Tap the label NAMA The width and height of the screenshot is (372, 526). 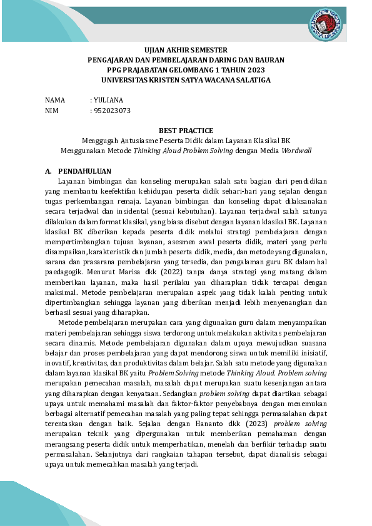pos(55,100)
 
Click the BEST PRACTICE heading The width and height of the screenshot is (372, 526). pos(186,131)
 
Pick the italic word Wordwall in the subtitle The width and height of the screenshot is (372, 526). pos(296,151)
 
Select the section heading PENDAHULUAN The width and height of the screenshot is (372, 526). pos(84,171)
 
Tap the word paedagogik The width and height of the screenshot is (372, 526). pos(65,272)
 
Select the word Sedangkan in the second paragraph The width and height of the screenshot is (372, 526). pos(177,394)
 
